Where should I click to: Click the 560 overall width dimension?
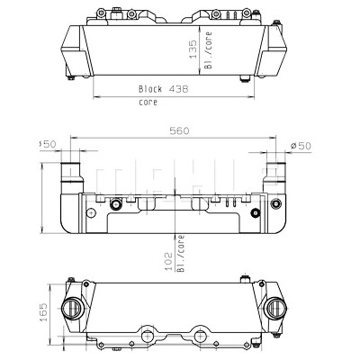tap(179, 131)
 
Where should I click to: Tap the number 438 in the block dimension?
tap(178, 89)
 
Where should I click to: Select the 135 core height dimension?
tap(193, 49)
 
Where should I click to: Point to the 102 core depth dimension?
tap(169, 261)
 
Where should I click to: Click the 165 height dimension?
tap(44, 312)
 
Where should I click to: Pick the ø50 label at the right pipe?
tap(301, 146)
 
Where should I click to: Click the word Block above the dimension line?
tap(150, 89)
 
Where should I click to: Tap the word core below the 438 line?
tap(148, 103)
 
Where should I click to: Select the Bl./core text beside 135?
tap(208, 50)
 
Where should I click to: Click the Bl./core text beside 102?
tap(180, 254)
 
